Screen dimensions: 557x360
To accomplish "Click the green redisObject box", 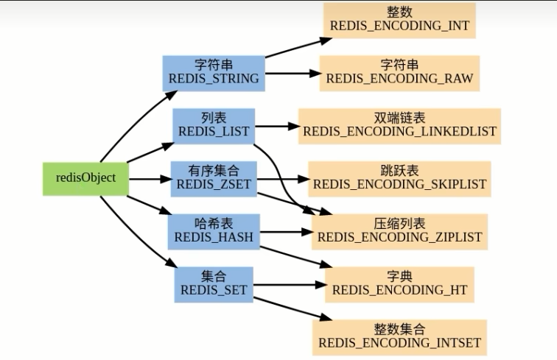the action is (x=85, y=179).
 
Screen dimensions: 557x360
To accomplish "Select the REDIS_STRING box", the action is (x=214, y=73).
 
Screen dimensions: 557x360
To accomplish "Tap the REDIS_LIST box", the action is (x=214, y=126).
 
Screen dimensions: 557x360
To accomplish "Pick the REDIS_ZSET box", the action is (x=214, y=179).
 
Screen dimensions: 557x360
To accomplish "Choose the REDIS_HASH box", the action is (x=214, y=232).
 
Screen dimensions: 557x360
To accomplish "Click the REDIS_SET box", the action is (x=214, y=285).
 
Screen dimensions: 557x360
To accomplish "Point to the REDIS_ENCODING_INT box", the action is (x=399, y=20).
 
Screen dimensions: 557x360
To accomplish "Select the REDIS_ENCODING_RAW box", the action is (x=399, y=73).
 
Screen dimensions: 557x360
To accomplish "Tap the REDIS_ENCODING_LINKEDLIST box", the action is (x=399, y=126).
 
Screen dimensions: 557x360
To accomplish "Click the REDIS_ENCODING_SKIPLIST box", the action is (x=399, y=179).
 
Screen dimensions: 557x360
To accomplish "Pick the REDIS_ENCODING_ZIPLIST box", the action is (x=399, y=232).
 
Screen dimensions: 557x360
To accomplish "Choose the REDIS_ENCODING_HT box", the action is (x=399, y=285).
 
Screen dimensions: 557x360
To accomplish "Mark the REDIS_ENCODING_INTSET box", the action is (x=399, y=338).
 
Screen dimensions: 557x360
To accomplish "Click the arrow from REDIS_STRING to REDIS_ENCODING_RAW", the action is (x=293, y=74).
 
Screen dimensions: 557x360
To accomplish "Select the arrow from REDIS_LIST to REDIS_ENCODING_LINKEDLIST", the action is (x=278, y=126).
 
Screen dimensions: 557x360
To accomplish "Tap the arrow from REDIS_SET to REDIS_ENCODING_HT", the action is (x=290, y=285).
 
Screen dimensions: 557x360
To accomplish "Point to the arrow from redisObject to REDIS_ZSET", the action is (x=150, y=180).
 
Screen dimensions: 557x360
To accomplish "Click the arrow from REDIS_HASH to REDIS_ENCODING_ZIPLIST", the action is (x=287, y=232).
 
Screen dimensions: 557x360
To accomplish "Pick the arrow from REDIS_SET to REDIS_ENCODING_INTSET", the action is (x=292, y=309).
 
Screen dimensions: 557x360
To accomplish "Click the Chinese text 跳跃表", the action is (x=399, y=171).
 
